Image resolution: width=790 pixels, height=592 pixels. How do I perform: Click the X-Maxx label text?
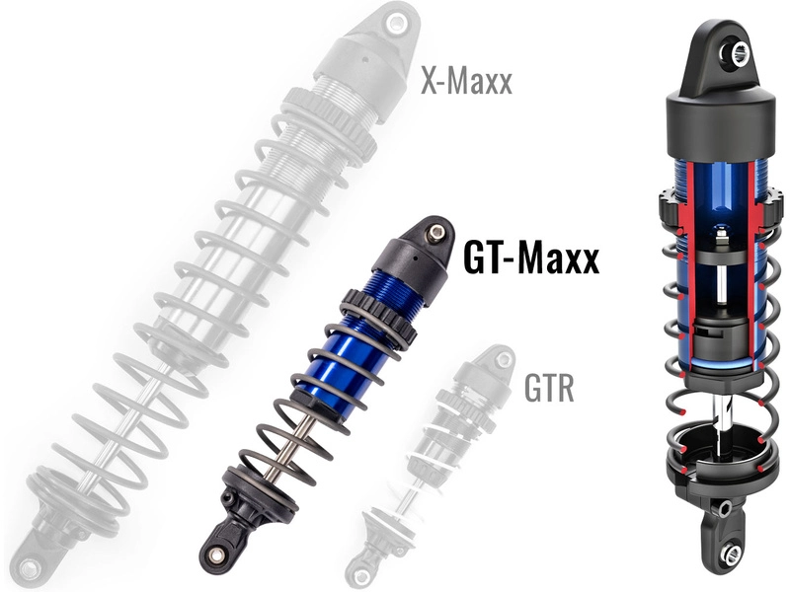(466, 80)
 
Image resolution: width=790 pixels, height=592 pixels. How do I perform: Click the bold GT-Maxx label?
(530, 259)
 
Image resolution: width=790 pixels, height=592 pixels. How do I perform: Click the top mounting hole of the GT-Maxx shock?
(432, 233)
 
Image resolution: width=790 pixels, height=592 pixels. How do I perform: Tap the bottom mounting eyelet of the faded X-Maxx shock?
(30, 568)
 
